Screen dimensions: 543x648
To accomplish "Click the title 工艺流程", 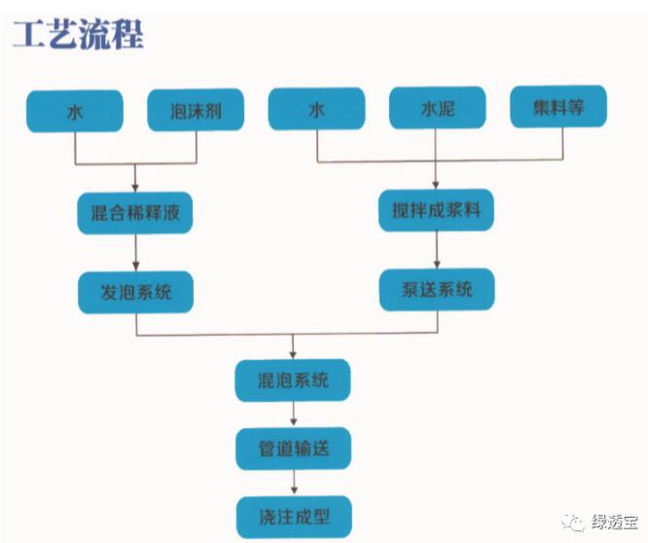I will click(79, 34).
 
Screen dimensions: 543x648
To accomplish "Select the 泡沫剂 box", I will click(196, 111).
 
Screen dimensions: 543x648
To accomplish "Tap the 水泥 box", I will click(437, 109).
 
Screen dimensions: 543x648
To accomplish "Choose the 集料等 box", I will click(558, 107).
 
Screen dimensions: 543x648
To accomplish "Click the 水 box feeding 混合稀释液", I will click(75, 111).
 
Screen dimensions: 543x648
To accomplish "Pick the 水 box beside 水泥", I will click(316, 109).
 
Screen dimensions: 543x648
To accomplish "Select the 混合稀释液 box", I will click(135, 213).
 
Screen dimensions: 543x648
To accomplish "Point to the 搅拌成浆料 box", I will click(437, 209).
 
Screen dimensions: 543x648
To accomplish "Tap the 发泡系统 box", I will click(135, 291).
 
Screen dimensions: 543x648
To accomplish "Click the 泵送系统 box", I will click(437, 289).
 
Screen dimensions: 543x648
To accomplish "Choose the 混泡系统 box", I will click(293, 380).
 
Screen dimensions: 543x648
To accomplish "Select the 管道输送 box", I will click(293, 449).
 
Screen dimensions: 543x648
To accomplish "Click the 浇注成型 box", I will click(293, 516).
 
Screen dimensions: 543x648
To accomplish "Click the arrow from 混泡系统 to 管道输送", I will click(293, 415).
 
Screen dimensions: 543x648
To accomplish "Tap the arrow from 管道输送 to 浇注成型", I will click(293, 483).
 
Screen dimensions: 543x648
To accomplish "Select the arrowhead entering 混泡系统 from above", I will click(293, 353).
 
